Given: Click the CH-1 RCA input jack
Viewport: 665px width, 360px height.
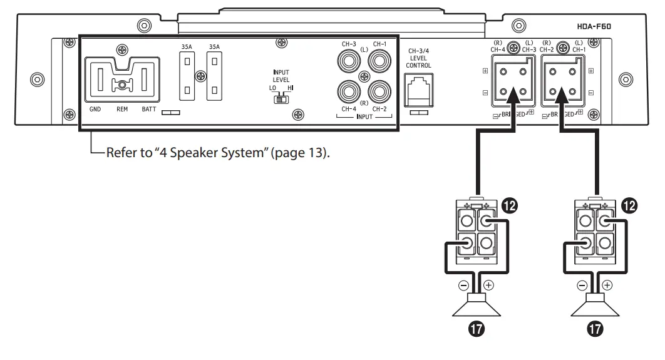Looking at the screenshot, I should (x=379, y=63).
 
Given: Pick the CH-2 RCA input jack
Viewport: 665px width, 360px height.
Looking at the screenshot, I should (x=379, y=93).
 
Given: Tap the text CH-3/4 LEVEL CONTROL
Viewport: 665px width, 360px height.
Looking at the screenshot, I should (x=419, y=58).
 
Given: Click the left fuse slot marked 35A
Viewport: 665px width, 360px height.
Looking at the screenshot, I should (x=186, y=76).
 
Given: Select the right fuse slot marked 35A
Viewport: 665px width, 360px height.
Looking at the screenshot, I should (x=215, y=76).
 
